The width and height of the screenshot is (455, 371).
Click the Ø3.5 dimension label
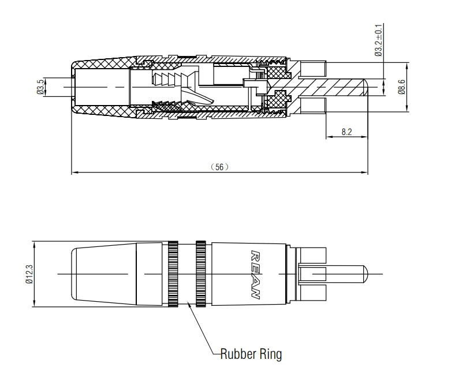coord(41,87)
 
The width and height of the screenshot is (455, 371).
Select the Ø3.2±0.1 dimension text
coord(378,40)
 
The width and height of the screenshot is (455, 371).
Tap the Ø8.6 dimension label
coord(402,87)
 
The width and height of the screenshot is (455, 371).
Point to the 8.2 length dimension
coord(346,132)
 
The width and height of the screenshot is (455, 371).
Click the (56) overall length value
coord(219,167)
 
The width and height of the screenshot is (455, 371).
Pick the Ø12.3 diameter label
coord(29,274)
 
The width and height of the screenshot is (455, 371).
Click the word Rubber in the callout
coord(238,354)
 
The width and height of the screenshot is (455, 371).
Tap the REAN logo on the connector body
coord(255,275)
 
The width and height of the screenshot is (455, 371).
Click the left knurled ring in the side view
coord(173,273)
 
